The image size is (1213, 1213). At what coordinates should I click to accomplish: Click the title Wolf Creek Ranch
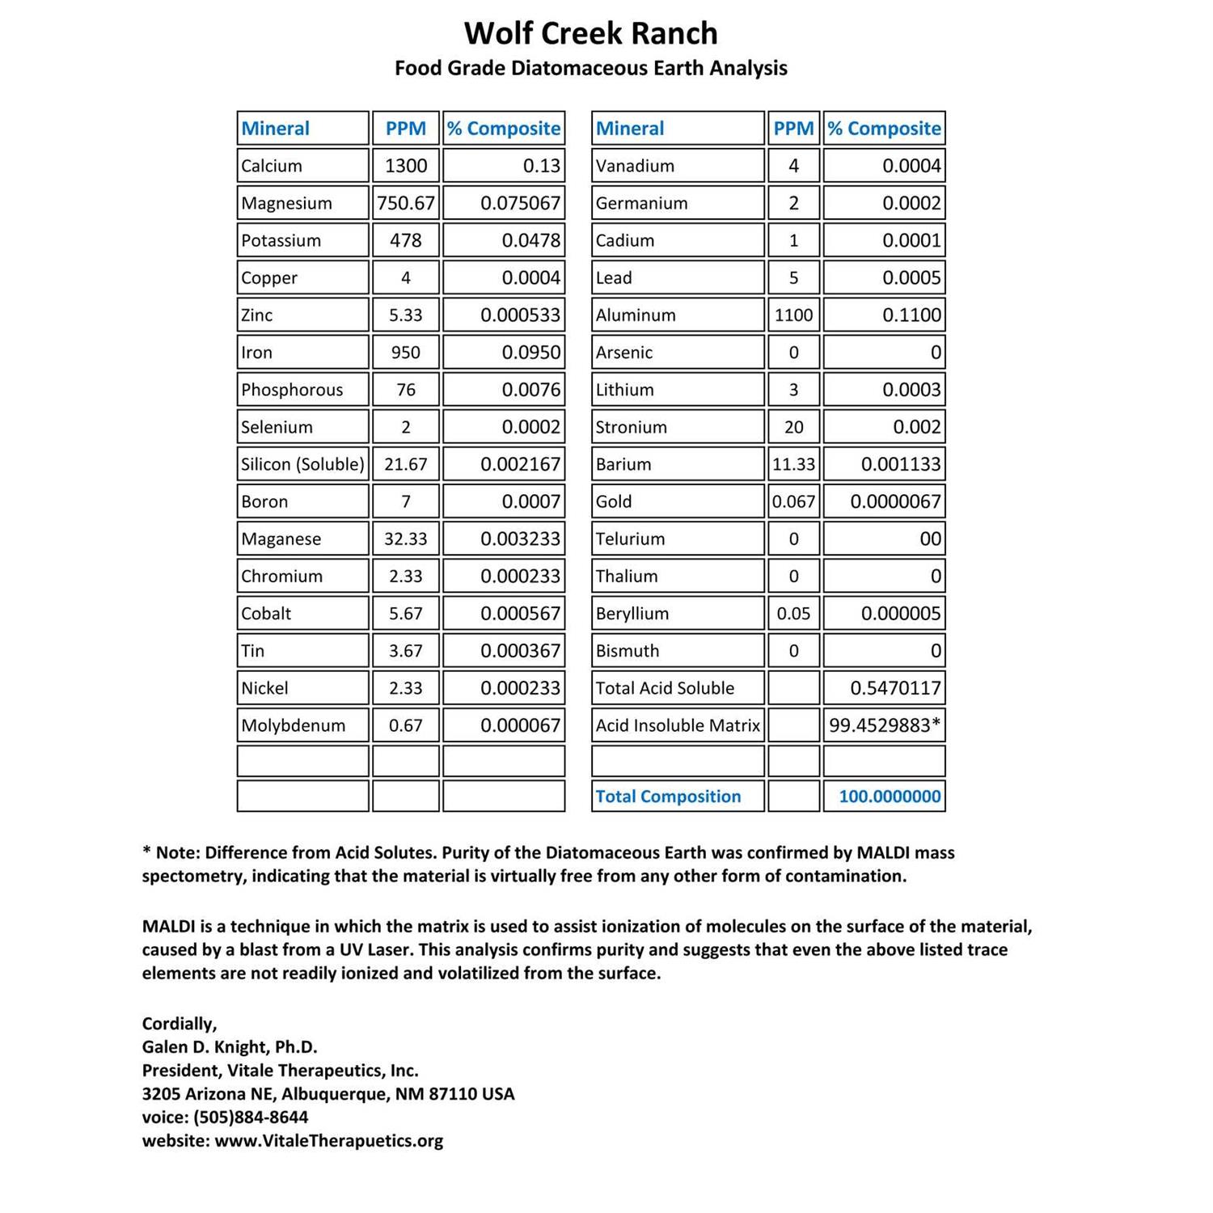pyautogui.click(x=590, y=34)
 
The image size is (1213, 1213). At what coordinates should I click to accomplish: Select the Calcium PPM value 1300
pyautogui.click(x=405, y=166)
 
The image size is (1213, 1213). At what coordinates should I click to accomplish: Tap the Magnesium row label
pyautogui.click(x=286, y=203)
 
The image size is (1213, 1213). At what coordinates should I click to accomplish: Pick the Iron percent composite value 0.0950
pyautogui.click(x=530, y=353)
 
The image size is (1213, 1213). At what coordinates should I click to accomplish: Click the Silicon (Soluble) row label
pyautogui.click(x=302, y=464)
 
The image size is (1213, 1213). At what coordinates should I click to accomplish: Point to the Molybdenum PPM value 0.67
pyautogui.click(x=405, y=725)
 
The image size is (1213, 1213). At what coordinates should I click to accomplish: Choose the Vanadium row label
pyautogui.click(x=635, y=166)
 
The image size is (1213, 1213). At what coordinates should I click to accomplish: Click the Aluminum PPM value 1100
pyautogui.click(x=793, y=315)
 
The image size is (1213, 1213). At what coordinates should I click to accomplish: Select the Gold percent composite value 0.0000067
pyautogui.click(x=895, y=501)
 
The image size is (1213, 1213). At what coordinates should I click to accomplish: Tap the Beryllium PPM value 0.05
pyautogui.click(x=793, y=614)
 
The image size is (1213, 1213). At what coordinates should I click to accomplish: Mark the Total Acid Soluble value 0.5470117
pyautogui.click(x=895, y=688)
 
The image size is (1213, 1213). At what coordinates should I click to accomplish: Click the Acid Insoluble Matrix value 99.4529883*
pyautogui.click(x=885, y=725)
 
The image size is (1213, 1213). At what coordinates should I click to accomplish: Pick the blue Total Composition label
pyautogui.click(x=668, y=797)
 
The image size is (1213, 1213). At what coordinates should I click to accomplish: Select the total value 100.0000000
pyautogui.click(x=890, y=797)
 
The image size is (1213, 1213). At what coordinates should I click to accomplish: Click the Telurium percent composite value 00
pyautogui.click(x=930, y=539)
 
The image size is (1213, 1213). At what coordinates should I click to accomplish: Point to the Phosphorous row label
pyautogui.click(x=292, y=390)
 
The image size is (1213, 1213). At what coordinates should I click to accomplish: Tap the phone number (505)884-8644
pyautogui.click(x=251, y=1118)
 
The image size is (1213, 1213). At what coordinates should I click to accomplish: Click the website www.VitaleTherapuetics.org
pyautogui.click(x=328, y=1141)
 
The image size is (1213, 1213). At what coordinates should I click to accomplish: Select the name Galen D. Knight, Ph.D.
pyautogui.click(x=230, y=1047)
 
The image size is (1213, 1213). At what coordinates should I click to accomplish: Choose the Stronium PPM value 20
pyautogui.click(x=793, y=427)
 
